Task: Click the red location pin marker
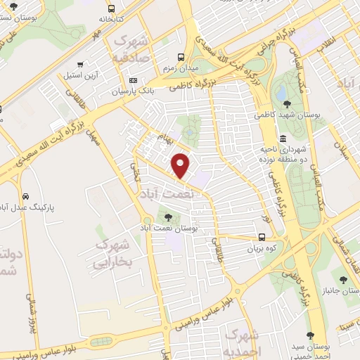(x=181, y=165)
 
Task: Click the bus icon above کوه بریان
(x=262, y=237)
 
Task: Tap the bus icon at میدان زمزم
(x=181, y=56)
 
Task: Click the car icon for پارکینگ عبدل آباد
(x=25, y=196)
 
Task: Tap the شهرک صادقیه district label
(x=131, y=49)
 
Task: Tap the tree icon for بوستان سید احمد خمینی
(x=310, y=336)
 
